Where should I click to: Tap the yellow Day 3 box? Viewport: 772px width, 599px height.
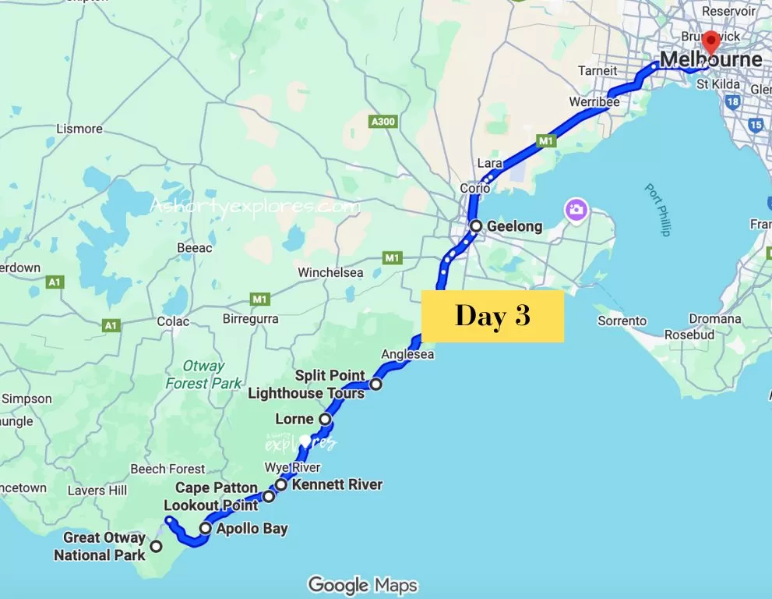(492, 316)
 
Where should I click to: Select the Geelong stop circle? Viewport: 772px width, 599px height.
(476, 226)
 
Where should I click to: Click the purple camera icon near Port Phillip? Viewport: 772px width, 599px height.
(576, 210)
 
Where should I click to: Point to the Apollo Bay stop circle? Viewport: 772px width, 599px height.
(205, 528)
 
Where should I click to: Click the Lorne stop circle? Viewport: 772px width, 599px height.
(325, 420)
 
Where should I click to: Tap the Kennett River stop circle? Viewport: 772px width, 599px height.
(281, 484)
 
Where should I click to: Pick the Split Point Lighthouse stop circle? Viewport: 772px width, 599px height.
(375, 384)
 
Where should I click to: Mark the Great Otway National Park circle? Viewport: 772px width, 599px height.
(156, 546)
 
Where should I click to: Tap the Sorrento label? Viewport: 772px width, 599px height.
(622, 321)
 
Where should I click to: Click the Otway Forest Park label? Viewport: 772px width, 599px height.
(198, 374)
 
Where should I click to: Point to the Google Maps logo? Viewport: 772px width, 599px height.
(362, 585)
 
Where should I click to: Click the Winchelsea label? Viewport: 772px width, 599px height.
(331, 273)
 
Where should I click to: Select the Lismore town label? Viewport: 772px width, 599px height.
(79, 129)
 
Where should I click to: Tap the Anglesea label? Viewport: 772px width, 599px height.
(407, 354)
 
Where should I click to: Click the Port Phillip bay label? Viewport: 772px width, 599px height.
(657, 210)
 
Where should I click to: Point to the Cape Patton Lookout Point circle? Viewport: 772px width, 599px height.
(268, 496)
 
